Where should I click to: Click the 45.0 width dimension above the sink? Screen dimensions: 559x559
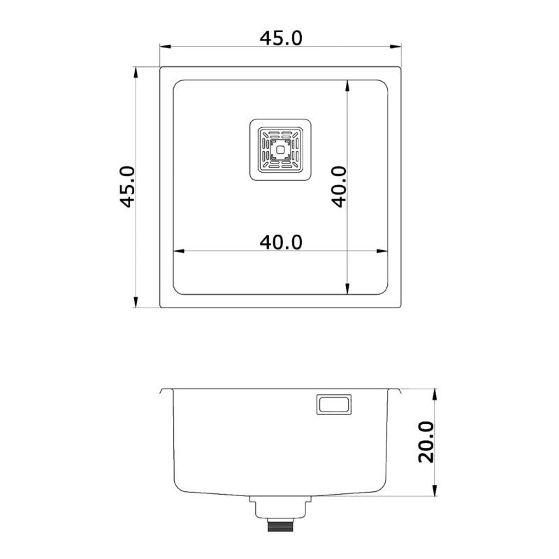[281, 38]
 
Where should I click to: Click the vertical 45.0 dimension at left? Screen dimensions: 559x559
[127, 187]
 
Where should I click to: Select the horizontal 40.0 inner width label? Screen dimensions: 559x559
[281, 242]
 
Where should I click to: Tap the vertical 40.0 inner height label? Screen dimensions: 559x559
[339, 187]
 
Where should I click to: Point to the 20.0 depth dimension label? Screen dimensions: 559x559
[426, 442]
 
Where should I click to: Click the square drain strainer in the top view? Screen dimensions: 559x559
[280, 150]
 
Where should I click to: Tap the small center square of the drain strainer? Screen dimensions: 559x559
[280, 150]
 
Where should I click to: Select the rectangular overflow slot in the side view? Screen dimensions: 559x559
[334, 405]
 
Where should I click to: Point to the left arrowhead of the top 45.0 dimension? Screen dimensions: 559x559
[166, 47]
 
